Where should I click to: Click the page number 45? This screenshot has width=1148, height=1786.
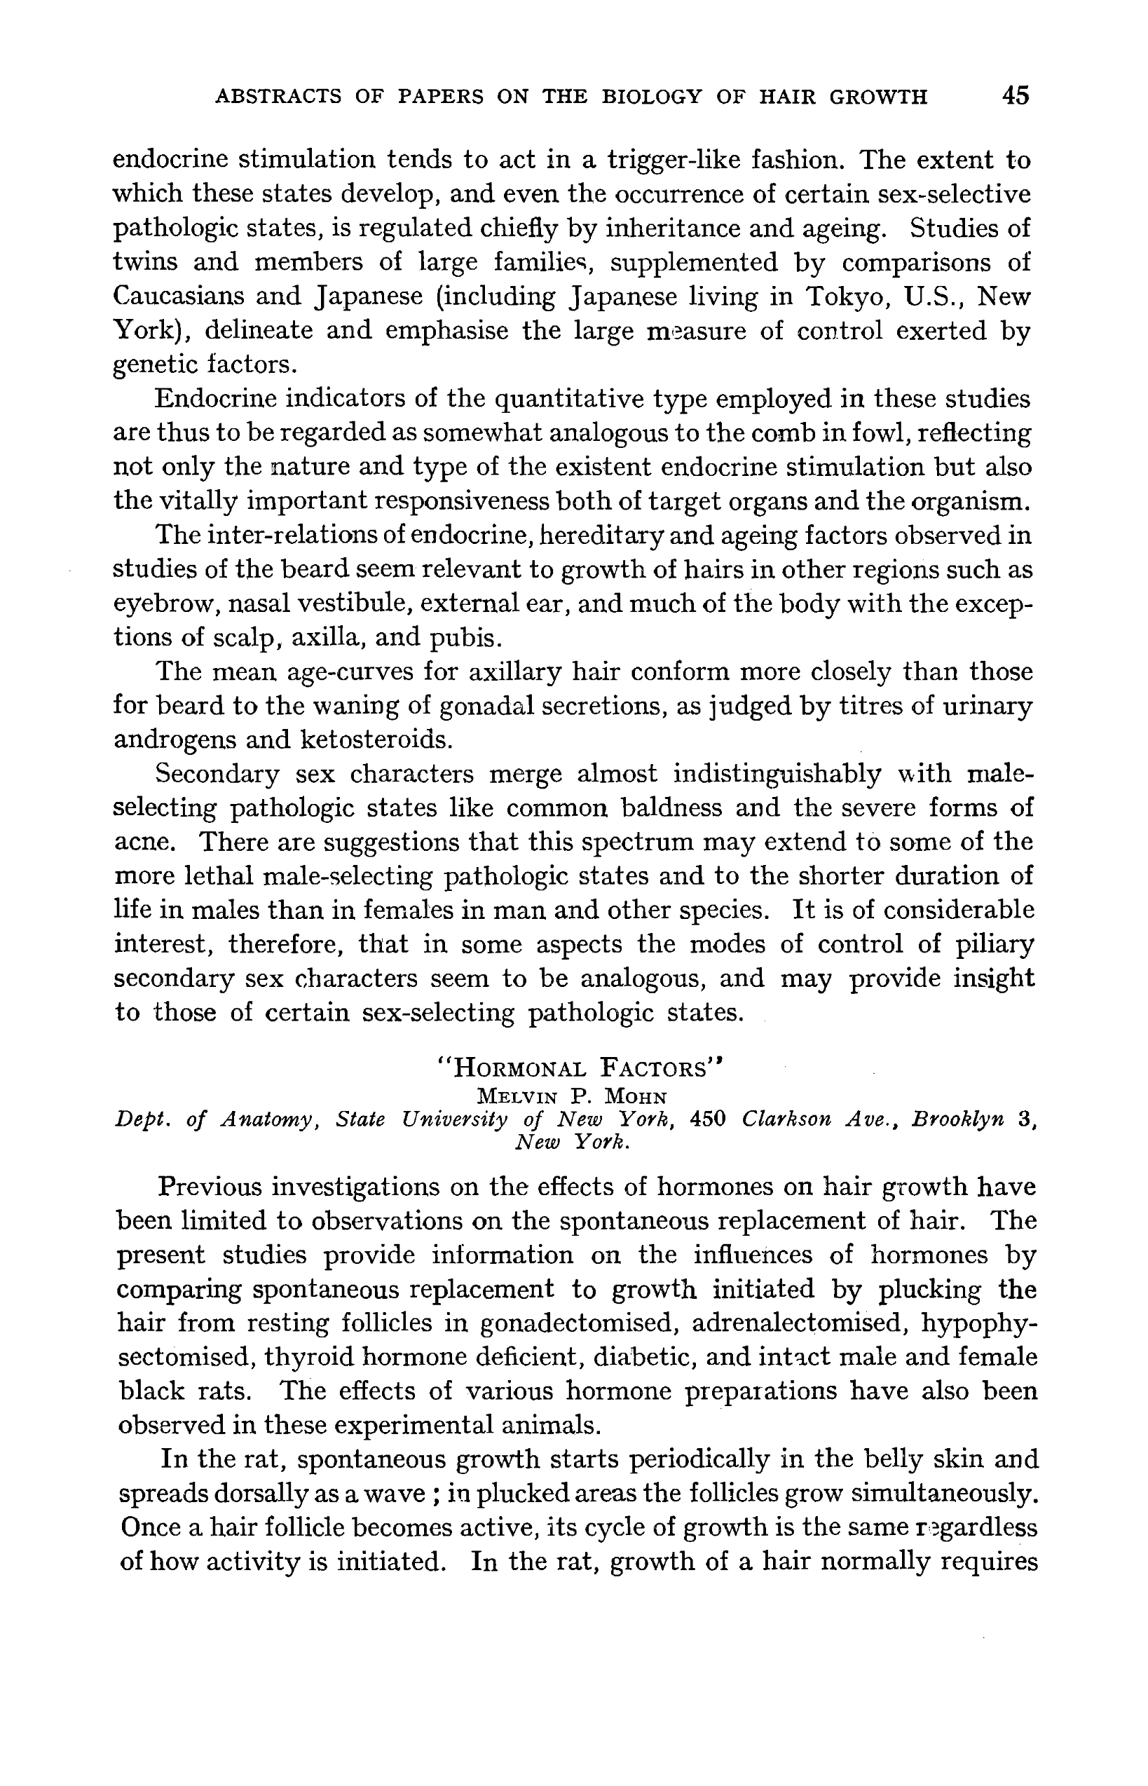(x=1016, y=95)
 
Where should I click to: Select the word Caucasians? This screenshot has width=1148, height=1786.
(x=177, y=296)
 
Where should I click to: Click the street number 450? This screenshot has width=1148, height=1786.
(x=708, y=1119)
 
